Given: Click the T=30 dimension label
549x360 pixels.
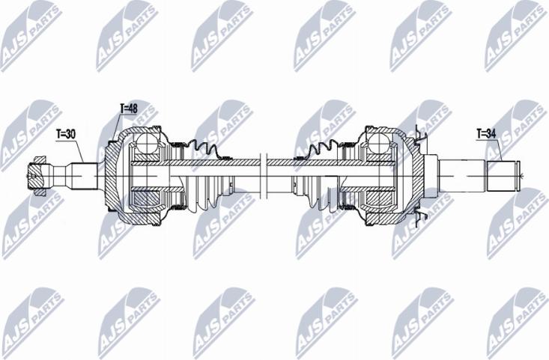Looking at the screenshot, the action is (x=66, y=134).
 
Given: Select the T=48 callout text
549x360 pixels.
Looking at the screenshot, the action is (x=129, y=109).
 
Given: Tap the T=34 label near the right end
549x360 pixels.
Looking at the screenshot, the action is (x=486, y=134).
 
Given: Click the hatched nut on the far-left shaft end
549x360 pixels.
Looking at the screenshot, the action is (x=37, y=176).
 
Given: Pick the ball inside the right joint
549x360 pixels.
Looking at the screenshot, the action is (x=380, y=143).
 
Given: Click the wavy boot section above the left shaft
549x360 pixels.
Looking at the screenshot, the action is (x=207, y=149).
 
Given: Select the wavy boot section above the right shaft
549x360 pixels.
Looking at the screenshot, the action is (x=317, y=149).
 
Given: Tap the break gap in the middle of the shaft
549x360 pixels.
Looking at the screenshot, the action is (x=264, y=176).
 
